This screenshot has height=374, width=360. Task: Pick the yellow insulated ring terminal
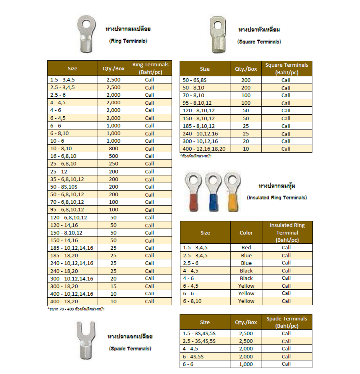point(232,191)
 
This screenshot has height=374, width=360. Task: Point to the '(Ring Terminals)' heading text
point(128,41)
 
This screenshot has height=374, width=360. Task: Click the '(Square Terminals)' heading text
point(259,42)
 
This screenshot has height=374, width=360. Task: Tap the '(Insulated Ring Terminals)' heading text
point(277,197)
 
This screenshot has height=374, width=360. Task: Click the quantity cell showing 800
point(113,148)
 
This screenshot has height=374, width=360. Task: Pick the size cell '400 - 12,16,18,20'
point(204,149)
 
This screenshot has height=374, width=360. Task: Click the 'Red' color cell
point(246,247)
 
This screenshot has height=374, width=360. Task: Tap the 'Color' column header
point(246,233)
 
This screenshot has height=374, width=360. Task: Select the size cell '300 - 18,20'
point(64,286)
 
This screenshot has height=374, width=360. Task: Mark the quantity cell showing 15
point(113,286)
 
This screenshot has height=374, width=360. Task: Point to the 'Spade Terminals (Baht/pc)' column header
point(286,322)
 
